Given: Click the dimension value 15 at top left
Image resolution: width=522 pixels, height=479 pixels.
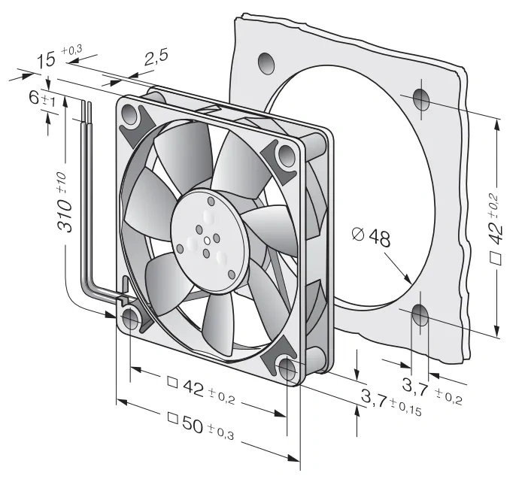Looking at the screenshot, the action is (x=46, y=61).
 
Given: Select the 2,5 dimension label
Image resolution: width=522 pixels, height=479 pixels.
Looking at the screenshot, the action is (x=156, y=58).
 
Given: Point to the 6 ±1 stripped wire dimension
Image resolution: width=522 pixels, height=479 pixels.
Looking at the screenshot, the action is (x=42, y=99).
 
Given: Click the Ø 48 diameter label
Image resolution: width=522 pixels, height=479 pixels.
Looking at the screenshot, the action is (x=371, y=236).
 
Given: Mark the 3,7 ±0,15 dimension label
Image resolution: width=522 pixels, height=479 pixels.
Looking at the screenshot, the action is (x=391, y=402).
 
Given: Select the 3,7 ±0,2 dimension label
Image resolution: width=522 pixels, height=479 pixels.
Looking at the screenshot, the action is (x=432, y=390).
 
